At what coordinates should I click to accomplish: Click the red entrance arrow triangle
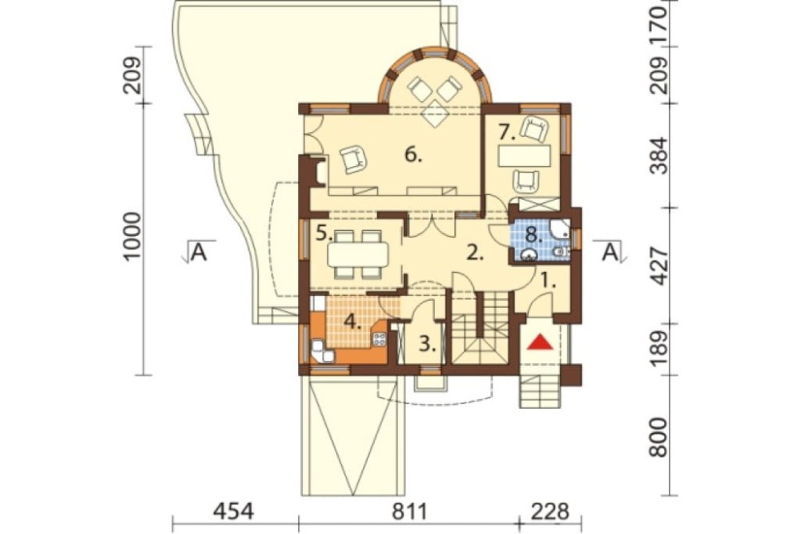pyautogui.click(x=541, y=342)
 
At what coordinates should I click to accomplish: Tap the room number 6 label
pyautogui.click(x=413, y=154)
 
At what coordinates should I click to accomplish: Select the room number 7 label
pyautogui.click(x=507, y=133)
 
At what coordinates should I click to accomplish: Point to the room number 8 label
pyautogui.click(x=534, y=236)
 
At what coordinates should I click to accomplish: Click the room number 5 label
pyautogui.click(x=324, y=234)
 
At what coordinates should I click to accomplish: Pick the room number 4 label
pyautogui.click(x=352, y=322)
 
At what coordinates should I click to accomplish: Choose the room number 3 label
pyautogui.click(x=427, y=344)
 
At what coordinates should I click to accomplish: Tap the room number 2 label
pyautogui.click(x=474, y=253)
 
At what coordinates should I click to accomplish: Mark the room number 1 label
pyautogui.click(x=548, y=281)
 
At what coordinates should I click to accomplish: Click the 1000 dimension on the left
pyautogui.click(x=132, y=237)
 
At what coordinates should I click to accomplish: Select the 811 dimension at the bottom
pyautogui.click(x=409, y=511)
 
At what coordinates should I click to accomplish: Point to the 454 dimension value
pyautogui.click(x=234, y=511)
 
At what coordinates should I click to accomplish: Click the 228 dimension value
pyautogui.click(x=549, y=511)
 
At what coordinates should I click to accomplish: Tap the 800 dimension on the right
pyautogui.click(x=658, y=437)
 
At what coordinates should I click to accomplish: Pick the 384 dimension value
pyautogui.click(x=658, y=156)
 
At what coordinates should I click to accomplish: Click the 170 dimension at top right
pyautogui.click(x=658, y=19)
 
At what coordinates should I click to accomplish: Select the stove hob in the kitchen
pyautogui.click(x=380, y=338)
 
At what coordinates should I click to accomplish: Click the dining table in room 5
pyautogui.click(x=357, y=254)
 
